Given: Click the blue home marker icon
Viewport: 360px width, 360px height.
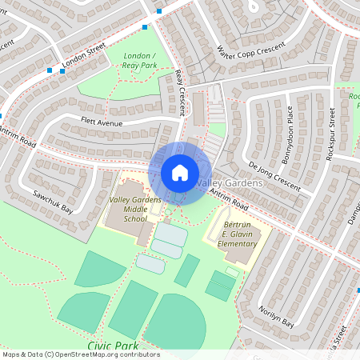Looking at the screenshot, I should tap(180, 172).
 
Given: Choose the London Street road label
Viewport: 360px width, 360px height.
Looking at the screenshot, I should tap(85, 57).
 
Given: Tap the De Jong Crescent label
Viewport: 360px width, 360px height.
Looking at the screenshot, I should tap(274, 178).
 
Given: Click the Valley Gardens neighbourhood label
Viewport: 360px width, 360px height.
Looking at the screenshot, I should tap(230, 184).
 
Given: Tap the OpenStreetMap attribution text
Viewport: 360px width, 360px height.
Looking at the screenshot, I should tap(80, 354).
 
